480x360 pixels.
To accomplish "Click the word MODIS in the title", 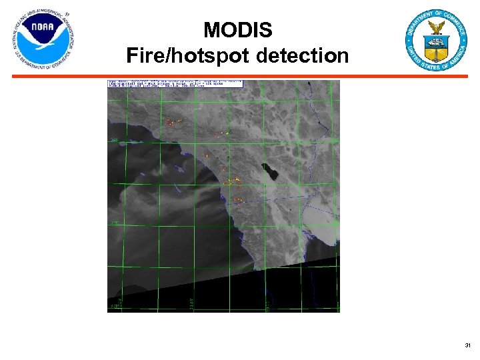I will tap(237, 30).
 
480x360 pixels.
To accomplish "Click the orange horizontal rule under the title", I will tap(240, 77).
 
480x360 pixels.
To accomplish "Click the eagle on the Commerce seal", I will tap(437, 28).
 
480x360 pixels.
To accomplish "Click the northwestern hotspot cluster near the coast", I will tap(175, 123).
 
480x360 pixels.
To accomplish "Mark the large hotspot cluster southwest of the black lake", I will tap(231, 181).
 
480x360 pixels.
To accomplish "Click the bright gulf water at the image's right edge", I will tap(320, 220).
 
